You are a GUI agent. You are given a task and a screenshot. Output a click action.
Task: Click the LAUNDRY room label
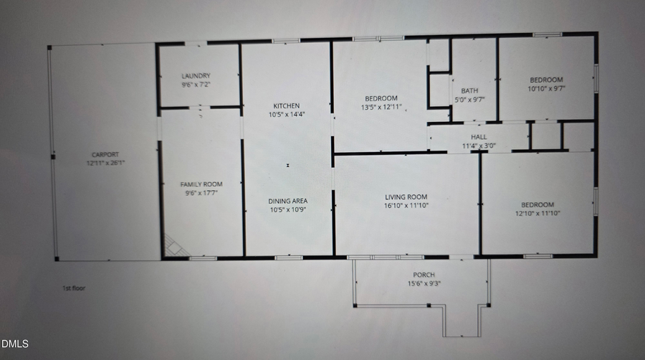pyautogui.click(x=196, y=76)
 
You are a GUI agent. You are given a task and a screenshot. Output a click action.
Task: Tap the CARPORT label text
pyautogui.click(x=105, y=155)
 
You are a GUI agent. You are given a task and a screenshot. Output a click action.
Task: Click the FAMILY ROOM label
pyautogui.click(x=201, y=184)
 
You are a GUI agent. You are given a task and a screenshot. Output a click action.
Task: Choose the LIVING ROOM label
pyautogui.click(x=406, y=196)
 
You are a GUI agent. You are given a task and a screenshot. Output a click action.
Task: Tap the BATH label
pyautogui.click(x=469, y=91)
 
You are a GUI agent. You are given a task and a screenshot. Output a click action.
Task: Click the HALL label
pyautogui.click(x=479, y=137)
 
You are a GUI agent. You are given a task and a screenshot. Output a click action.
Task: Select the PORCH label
pyautogui.click(x=424, y=275)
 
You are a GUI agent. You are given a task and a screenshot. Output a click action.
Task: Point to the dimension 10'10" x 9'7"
pyautogui.click(x=546, y=88)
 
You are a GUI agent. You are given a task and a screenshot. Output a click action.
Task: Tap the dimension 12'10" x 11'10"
pyautogui.click(x=537, y=213)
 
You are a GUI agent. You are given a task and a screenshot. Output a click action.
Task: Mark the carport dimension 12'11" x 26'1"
pyautogui.click(x=105, y=164)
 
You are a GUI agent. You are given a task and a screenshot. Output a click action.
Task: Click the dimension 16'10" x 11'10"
pyautogui.click(x=406, y=205)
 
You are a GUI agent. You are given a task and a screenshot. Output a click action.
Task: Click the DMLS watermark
pyautogui.click(x=15, y=345)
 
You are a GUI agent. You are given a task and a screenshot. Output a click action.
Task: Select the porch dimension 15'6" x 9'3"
pyautogui.click(x=424, y=283)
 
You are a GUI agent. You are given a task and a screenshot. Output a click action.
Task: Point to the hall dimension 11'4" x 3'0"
pyautogui.click(x=479, y=146)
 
